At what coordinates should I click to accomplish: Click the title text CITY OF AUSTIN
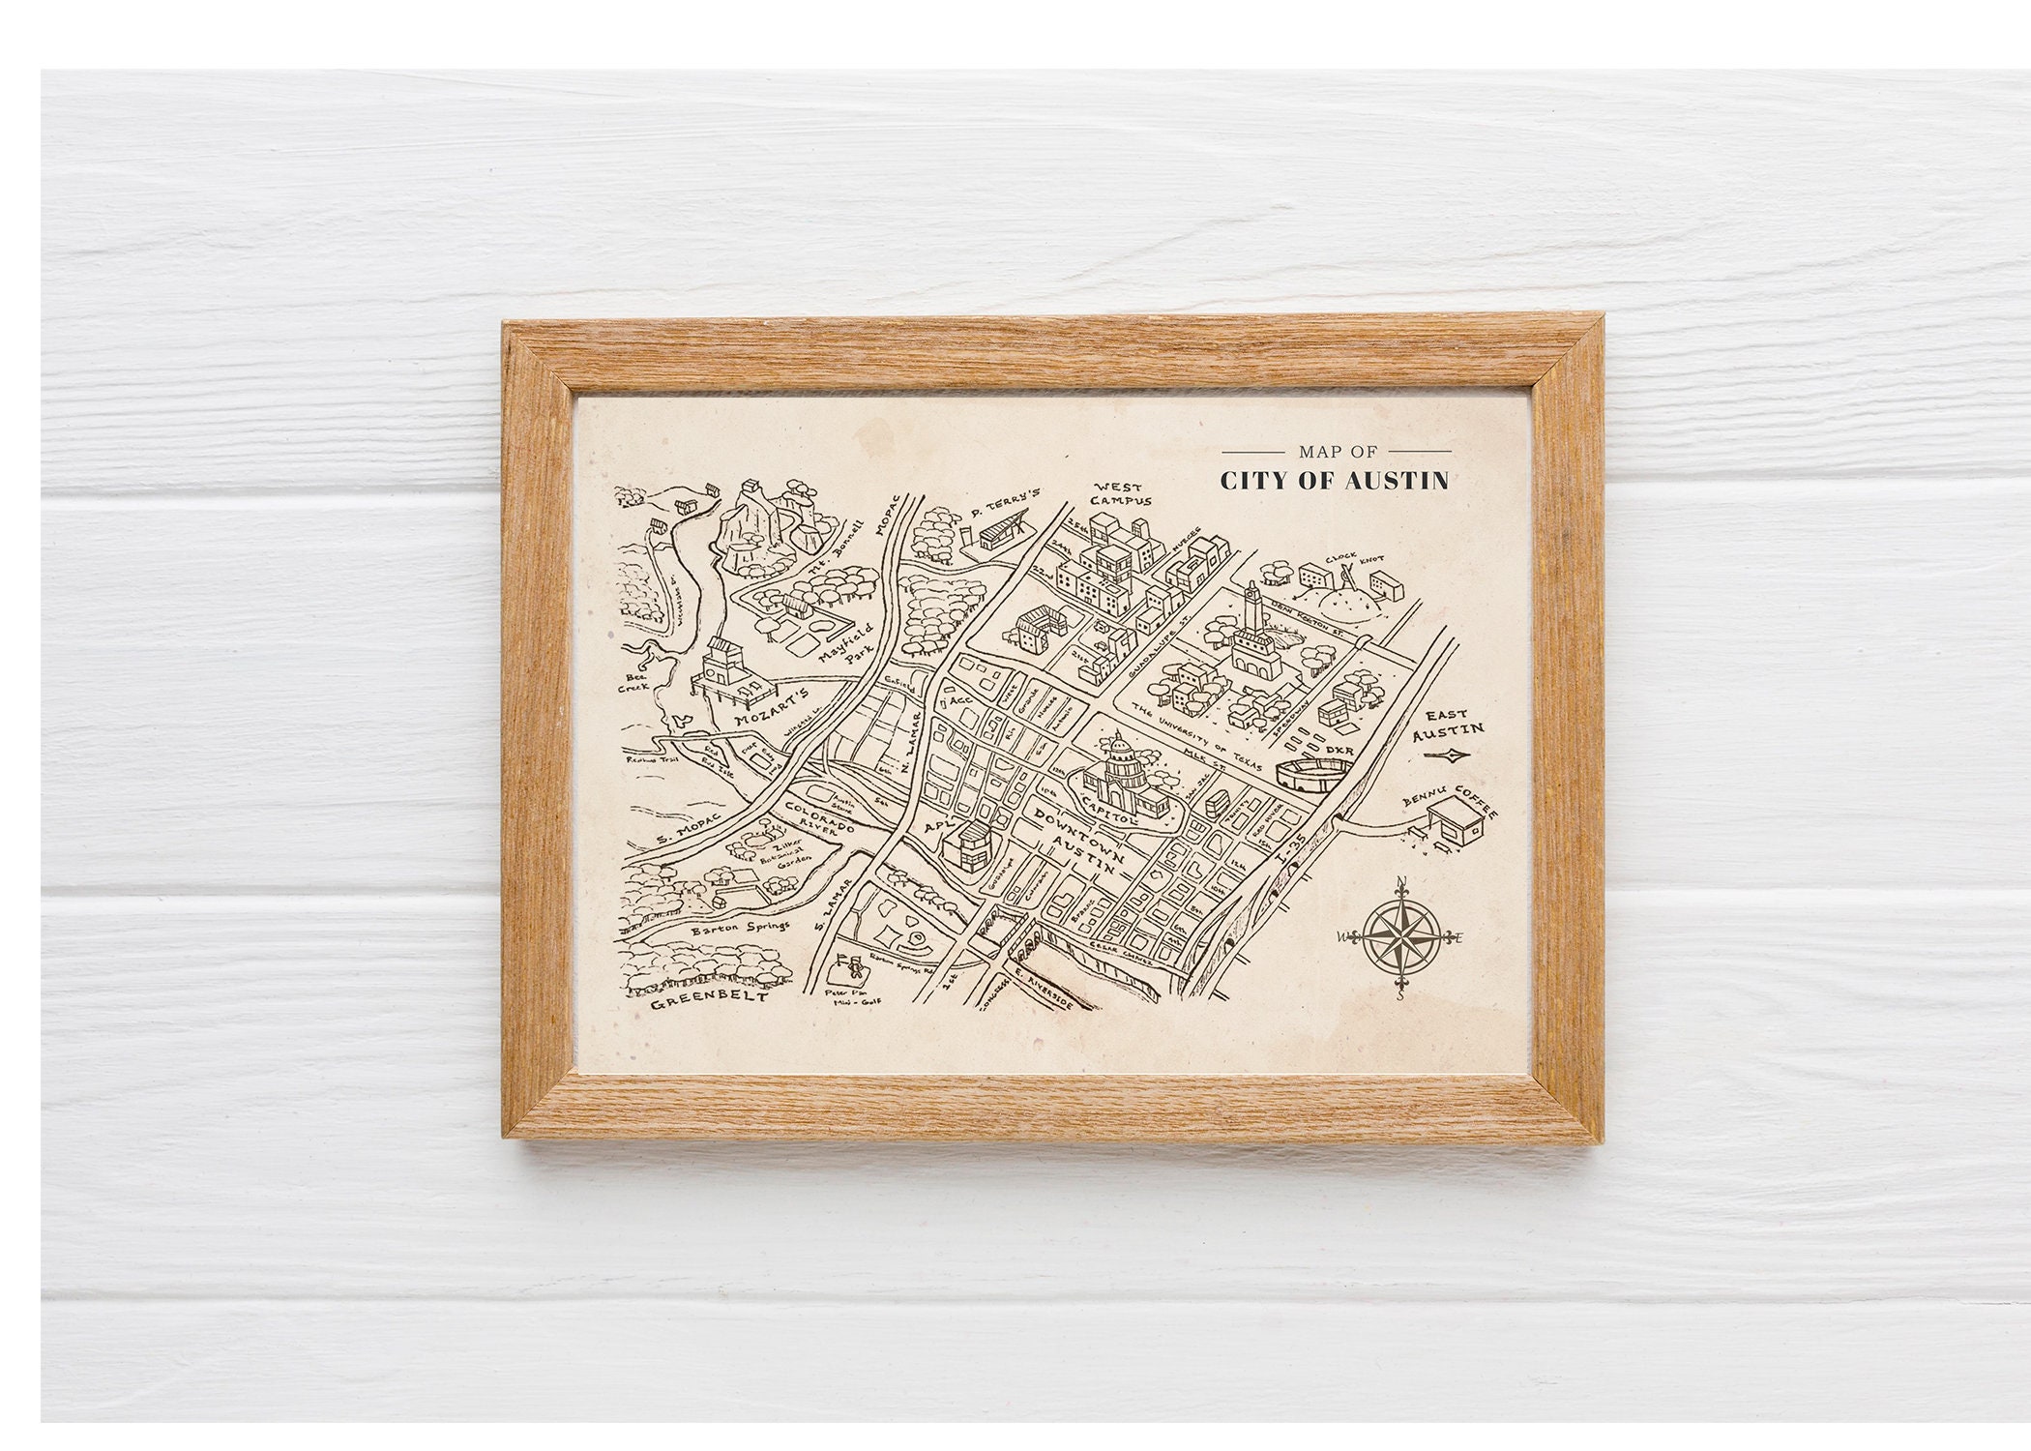tap(1334, 481)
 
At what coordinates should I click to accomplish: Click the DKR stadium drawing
tap(1311, 775)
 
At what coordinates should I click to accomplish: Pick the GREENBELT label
tap(708, 999)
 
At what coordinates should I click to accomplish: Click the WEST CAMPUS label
tap(1118, 494)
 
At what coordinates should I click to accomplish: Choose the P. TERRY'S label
tap(1002, 504)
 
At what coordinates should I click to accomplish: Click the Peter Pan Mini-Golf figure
tap(853, 968)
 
